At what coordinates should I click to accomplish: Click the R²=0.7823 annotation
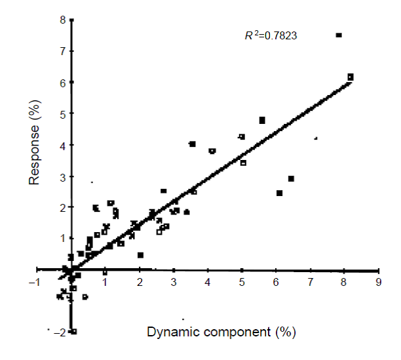pos(270,36)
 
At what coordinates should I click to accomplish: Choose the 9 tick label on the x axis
pos(378,282)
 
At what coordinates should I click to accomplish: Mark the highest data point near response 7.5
pos(339,35)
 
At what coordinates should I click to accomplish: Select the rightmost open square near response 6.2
pos(351,77)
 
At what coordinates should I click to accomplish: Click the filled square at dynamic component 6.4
pos(291,178)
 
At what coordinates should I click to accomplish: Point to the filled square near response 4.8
pos(262,120)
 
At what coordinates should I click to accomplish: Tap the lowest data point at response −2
pos(73,332)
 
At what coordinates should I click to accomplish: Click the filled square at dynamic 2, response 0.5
pos(141,255)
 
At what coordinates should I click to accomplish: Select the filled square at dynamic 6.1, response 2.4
pos(280,193)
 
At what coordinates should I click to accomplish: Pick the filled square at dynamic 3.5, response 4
pos(193,144)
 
